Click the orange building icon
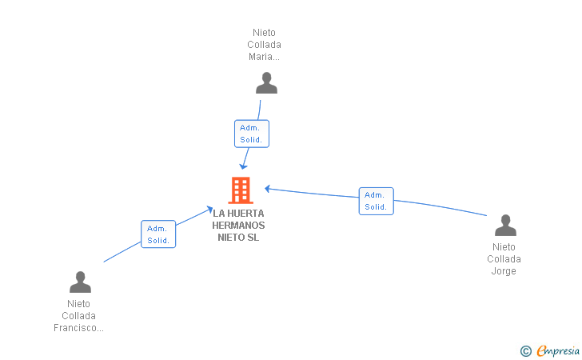tap(241, 190)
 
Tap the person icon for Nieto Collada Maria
tap(266, 83)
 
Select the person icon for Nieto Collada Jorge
tap(505, 225)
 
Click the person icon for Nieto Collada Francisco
tap(80, 282)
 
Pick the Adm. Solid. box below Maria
tap(252, 134)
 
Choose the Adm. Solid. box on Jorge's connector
tap(376, 201)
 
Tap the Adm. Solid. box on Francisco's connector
tap(158, 234)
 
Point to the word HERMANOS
tap(238, 225)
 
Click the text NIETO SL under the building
tap(238, 237)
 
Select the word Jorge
tap(504, 271)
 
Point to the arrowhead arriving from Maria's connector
tap(243, 166)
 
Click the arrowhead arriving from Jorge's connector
tap(267, 189)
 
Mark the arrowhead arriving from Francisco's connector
tap(209, 210)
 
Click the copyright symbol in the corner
tap(525, 351)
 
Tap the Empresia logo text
tap(558, 351)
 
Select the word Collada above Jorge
tap(504, 259)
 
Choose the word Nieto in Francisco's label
tap(78, 304)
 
